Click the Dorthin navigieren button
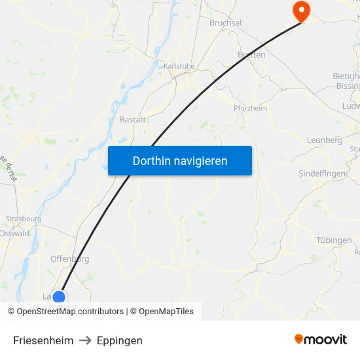[x=180, y=160]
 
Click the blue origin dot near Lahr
[x=59, y=298]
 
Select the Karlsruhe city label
[x=179, y=66]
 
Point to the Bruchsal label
[x=225, y=23]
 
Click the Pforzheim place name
[x=250, y=108]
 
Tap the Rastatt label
[x=133, y=120]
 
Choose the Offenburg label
[x=69, y=259]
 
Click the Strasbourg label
[x=24, y=219]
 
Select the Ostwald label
[x=14, y=233]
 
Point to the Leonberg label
[x=325, y=140]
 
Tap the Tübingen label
[x=334, y=240]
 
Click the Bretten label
[x=251, y=55]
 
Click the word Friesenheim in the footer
[x=43, y=340]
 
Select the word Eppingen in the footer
[x=119, y=340]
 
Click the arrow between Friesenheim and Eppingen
[x=85, y=340]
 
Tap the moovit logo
[x=321, y=339]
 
